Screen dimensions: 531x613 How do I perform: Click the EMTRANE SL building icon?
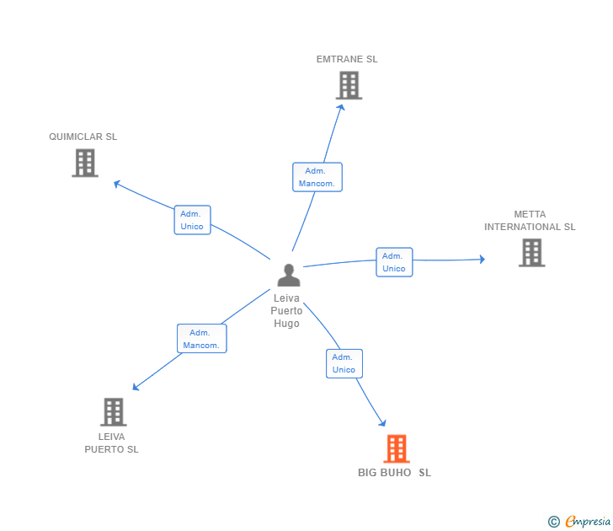click(349, 85)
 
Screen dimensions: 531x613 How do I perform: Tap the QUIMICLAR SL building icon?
click(84, 163)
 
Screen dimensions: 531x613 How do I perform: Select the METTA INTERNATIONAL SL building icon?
click(531, 252)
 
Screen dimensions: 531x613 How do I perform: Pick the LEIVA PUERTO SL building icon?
click(114, 411)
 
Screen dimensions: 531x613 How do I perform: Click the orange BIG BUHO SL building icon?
click(397, 448)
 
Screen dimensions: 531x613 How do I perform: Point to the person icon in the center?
click(288, 275)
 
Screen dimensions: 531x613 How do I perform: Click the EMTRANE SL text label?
click(347, 59)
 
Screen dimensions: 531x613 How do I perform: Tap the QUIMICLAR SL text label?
click(83, 137)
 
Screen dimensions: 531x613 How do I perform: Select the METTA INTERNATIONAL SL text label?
click(530, 221)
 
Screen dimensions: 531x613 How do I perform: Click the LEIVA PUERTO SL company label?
click(111, 443)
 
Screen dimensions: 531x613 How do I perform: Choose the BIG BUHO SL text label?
click(394, 473)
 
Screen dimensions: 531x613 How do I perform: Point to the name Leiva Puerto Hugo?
click(286, 311)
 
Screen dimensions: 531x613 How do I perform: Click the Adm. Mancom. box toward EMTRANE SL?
click(317, 177)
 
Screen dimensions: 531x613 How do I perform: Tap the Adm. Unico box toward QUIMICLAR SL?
click(192, 220)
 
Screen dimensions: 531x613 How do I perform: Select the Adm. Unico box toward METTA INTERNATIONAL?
click(393, 262)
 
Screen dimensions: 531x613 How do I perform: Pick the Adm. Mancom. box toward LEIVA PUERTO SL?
click(201, 339)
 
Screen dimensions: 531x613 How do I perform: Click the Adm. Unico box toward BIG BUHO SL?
click(344, 363)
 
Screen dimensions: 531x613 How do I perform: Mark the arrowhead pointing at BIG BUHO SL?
click(383, 424)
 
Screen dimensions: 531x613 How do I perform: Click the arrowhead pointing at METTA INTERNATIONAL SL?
click(482, 260)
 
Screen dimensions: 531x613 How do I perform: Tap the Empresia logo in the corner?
click(580, 522)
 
